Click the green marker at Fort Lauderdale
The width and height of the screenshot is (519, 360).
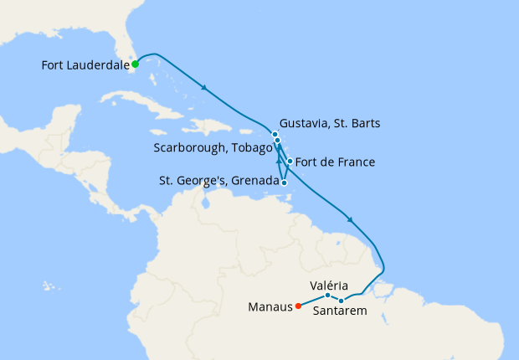pos(135,64)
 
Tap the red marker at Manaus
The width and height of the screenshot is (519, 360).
pos(297,306)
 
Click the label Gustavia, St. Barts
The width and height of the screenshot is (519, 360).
pos(331,124)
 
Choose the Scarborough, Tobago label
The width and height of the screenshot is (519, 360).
pos(213,148)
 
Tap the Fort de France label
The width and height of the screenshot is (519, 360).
pos(336,162)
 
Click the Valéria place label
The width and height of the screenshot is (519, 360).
pos(329,285)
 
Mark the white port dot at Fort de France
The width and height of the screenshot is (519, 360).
pos(290,162)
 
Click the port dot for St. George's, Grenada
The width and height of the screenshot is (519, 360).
pos(285,182)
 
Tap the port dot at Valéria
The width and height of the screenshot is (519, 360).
pos(327,296)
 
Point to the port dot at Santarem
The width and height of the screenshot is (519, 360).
pos(342,301)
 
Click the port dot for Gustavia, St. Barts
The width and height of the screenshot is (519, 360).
pos(275,134)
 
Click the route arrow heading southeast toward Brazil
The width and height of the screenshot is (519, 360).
pos(349,220)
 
